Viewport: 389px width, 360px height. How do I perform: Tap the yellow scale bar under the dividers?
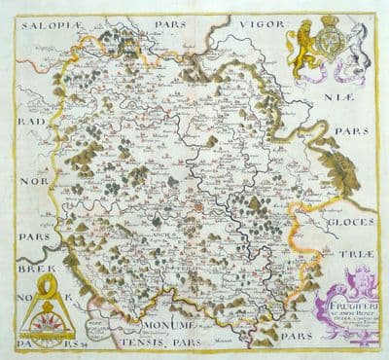point(42,337)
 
